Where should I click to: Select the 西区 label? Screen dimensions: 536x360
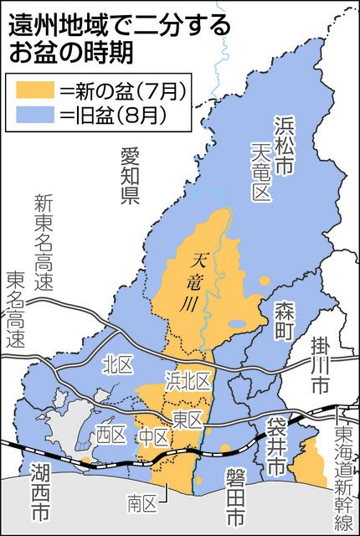[109, 434]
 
